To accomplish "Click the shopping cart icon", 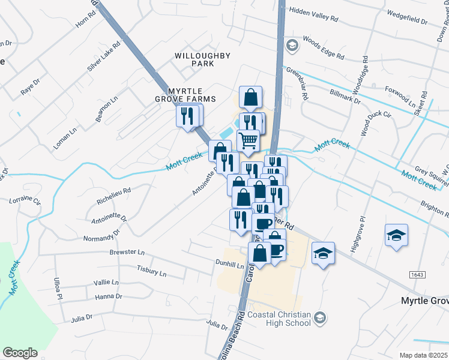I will point(248,140).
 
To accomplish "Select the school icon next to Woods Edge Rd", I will point(292,45).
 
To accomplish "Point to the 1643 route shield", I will point(418,274).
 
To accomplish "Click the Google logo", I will point(20,353).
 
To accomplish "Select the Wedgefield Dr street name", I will point(407,16).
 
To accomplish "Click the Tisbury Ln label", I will point(151,271).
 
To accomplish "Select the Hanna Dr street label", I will point(109,296).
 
